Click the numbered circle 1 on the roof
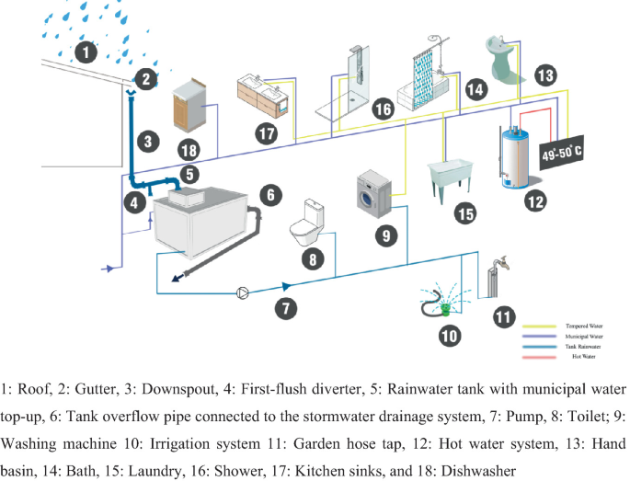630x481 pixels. (86, 52)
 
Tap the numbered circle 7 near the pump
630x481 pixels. (287, 307)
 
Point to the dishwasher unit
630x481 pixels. (191, 107)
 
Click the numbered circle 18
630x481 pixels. (188, 149)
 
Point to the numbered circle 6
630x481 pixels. (269, 194)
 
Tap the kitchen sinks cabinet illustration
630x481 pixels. (265, 92)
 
